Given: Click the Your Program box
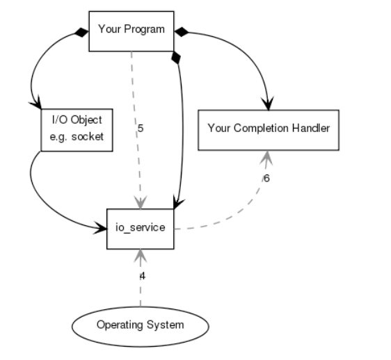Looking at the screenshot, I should click(131, 31).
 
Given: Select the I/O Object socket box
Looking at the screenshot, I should click(77, 129).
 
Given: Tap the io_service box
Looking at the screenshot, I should click(141, 227).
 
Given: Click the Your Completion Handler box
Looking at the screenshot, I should click(269, 129).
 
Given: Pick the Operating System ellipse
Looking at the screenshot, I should click(141, 325).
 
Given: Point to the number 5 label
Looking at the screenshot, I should click(141, 129).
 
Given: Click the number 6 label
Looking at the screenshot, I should click(266, 179).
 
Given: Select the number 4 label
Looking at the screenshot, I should click(143, 276).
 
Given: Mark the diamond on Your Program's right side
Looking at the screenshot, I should click(182, 31).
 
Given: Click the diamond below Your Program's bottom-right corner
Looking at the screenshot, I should click(176, 58).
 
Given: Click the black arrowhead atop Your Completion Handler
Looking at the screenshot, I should click(267, 103).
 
